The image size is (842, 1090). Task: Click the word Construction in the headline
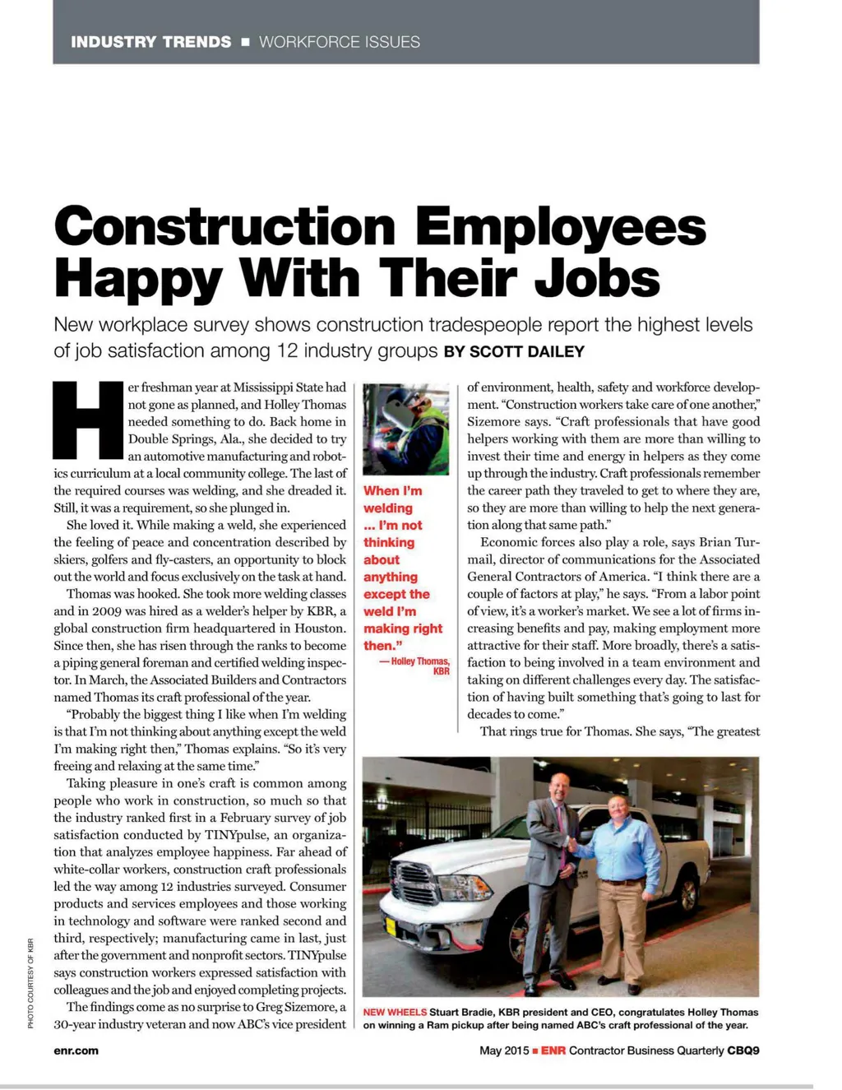point(224,227)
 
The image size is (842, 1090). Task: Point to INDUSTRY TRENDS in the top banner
point(151,42)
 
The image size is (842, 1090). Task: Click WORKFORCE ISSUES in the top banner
point(339,42)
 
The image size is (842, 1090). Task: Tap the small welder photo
point(406,429)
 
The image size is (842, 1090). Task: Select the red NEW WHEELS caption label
point(395,1012)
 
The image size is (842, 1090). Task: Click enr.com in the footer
point(76,1051)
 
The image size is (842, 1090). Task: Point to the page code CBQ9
point(743,1051)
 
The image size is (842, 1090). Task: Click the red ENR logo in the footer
point(553,1051)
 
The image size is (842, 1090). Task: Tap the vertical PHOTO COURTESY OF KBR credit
point(30,983)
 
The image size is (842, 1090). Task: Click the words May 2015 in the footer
point(504,1051)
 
